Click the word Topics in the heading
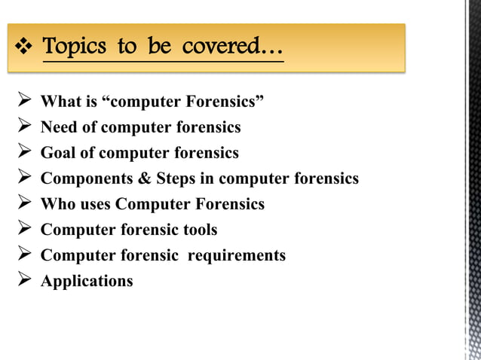[74, 47]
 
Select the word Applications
[86, 281]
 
